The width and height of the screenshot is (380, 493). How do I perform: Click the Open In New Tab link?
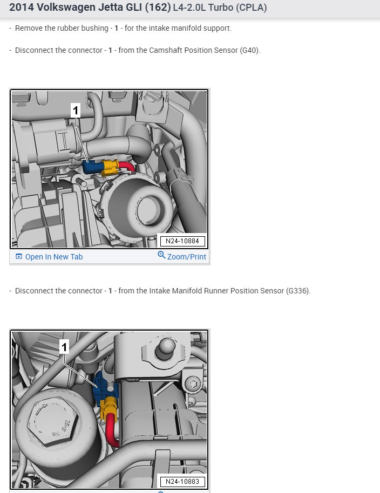point(54,257)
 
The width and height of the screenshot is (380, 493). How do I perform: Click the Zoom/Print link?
point(187,257)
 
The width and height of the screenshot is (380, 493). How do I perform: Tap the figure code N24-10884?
point(182,241)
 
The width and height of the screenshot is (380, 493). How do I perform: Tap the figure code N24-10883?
point(182,482)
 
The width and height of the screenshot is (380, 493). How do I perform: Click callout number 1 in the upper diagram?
point(76,111)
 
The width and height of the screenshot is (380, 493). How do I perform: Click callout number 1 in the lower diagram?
point(64,347)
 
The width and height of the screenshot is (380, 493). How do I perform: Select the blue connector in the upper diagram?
point(92,167)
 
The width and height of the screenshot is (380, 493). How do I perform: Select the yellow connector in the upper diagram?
point(110,168)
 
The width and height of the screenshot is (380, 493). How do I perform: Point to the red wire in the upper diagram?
point(126,167)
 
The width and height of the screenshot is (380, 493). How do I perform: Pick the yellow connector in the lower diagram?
point(110,408)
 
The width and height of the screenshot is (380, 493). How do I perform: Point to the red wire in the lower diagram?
point(112,430)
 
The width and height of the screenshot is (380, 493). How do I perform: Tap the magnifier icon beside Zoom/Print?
point(161,255)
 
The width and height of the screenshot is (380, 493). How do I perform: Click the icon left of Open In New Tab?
point(19,257)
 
